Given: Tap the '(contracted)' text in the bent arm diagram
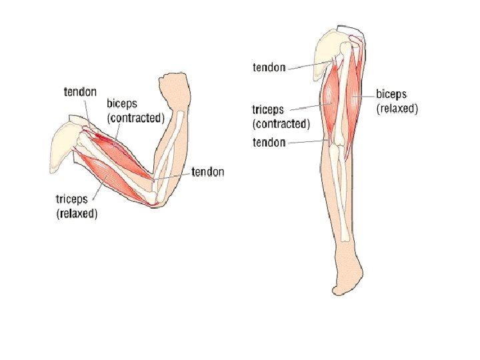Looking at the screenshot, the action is pyautogui.click(x=135, y=118).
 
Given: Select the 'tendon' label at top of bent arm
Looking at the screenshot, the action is pyautogui.click(x=80, y=92).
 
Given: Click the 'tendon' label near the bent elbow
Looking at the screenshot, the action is pyautogui.click(x=208, y=172).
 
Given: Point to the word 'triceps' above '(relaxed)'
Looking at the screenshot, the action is pyautogui.click(x=71, y=200).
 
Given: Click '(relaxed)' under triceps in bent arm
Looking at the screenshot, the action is pyautogui.click(x=76, y=213).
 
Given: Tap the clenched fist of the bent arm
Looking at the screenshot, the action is pyautogui.click(x=175, y=87).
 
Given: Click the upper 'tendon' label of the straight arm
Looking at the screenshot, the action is pyautogui.click(x=269, y=67).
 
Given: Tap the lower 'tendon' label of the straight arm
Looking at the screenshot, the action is pyautogui.click(x=269, y=142).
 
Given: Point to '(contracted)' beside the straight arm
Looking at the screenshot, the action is pyautogui.click(x=281, y=124).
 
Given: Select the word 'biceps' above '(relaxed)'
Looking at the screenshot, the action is pyautogui.click(x=392, y=94).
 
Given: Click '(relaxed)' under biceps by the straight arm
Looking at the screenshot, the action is pyautogui.click(x=397, y=108).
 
